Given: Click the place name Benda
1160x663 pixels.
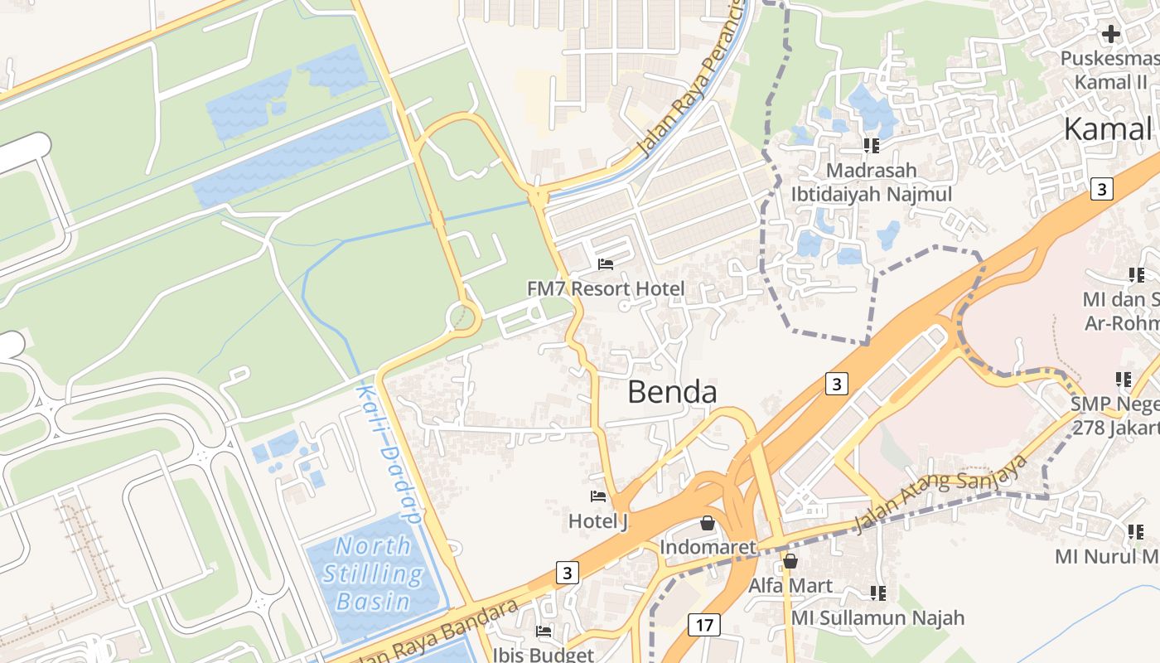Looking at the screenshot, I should pos(672,391).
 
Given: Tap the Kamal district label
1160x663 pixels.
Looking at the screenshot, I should pos(1108,129).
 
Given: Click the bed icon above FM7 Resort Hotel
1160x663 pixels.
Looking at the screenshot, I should pos(606,264).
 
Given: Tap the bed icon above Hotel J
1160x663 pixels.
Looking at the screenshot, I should pos(597,496).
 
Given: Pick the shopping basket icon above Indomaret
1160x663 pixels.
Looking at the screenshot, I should pos(708,523).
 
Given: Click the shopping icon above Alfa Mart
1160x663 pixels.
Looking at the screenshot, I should pos(790,561).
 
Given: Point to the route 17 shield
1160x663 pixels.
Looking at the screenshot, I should pos(703,624).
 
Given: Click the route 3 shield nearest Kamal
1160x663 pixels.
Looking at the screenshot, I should pos(1100,189).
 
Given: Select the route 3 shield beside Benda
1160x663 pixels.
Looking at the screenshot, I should pos(837,384).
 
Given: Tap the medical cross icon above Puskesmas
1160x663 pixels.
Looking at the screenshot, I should pos(1111,34).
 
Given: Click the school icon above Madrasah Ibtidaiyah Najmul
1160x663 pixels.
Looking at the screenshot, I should pos(871,146).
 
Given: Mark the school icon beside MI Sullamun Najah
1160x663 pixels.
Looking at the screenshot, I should pos(878,593).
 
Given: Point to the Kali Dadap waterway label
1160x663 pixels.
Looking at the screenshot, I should pos(389,452).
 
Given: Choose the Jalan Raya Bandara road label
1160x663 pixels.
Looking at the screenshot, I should pos(439,630).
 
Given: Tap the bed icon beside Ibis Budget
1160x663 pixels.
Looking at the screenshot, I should pos(544,632).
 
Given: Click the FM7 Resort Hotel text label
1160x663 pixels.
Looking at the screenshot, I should pos(606,288).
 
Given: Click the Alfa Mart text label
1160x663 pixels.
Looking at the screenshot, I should pos(790,585).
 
